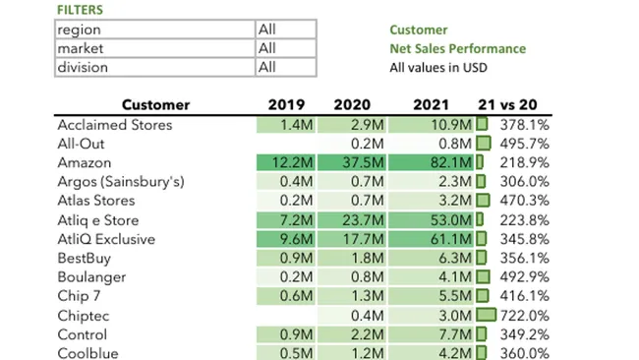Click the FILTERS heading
(x=79, y=10)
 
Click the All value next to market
(x=267, y=49)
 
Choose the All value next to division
(x=267, y=68)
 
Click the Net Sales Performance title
(x=457, y=49)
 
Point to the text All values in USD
(x=438, y=68)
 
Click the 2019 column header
(x=286, y=105)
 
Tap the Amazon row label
(x=84, y=163)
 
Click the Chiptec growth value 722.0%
(x=525, y=316)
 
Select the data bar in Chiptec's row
(x=487, y=316)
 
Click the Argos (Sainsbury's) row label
(x=120, y=182)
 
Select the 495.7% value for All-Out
(x=525, y=144)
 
